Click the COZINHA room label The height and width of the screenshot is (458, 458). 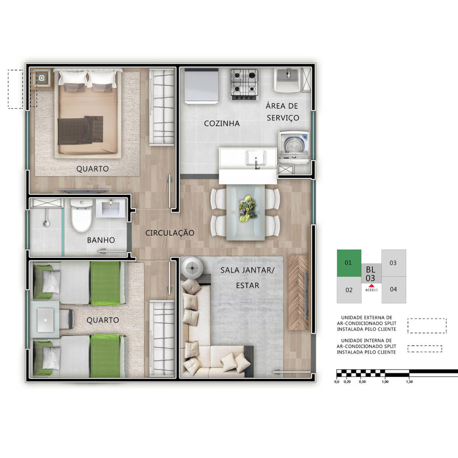click(222, 123)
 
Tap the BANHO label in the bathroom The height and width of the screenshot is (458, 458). click(101, 240)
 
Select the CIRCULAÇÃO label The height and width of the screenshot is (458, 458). click(170, 233)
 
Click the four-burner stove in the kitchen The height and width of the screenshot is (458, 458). click(245, 84)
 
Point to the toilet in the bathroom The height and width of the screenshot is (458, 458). click(82, 215)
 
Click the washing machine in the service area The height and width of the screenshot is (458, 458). click(294, 147)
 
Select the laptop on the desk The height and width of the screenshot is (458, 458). click(45, 320)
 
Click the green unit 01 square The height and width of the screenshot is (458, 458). click(349, 263)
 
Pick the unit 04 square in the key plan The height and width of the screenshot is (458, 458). click(394, 290)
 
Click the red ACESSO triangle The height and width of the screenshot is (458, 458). click(371, 286)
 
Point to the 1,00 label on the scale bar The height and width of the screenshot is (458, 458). click(385, 382)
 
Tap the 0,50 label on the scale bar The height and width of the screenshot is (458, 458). click(362, 382)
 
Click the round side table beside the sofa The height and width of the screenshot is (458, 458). click(192, 267)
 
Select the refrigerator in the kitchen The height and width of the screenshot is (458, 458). click(201, 86)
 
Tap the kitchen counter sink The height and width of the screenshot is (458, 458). click(256, 158)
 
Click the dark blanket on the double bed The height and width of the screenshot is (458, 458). click(80, 130)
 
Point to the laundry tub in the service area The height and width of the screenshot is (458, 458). click(288, 80)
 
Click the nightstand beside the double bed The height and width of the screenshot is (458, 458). click(42, 78)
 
